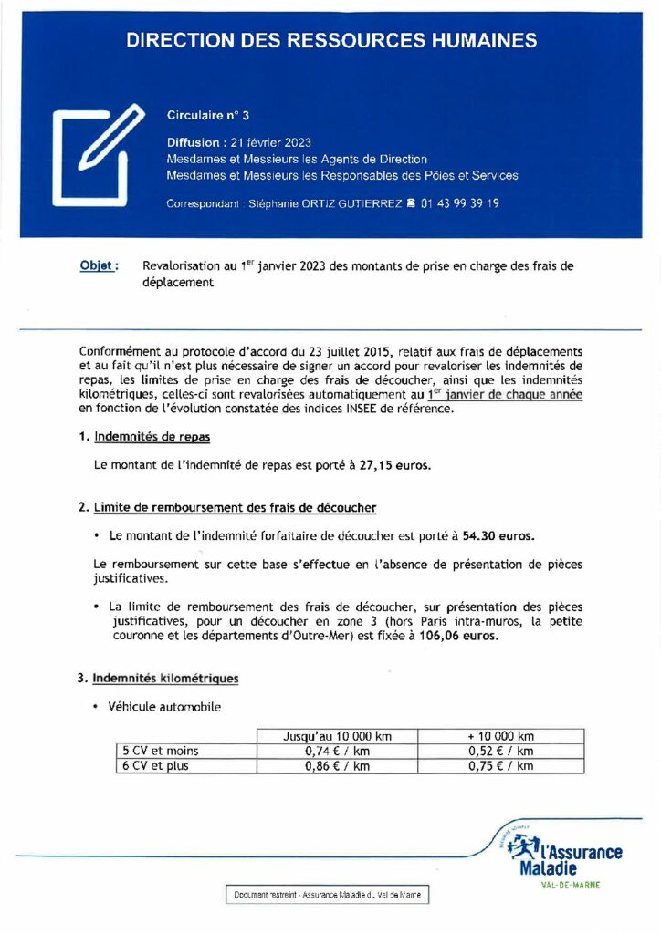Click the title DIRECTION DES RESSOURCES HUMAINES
330,40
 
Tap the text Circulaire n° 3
208,115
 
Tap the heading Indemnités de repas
152,437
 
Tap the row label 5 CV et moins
161,751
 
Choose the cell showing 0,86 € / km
338,766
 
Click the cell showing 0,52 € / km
499,751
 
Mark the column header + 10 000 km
499,736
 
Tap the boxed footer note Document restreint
327,896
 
